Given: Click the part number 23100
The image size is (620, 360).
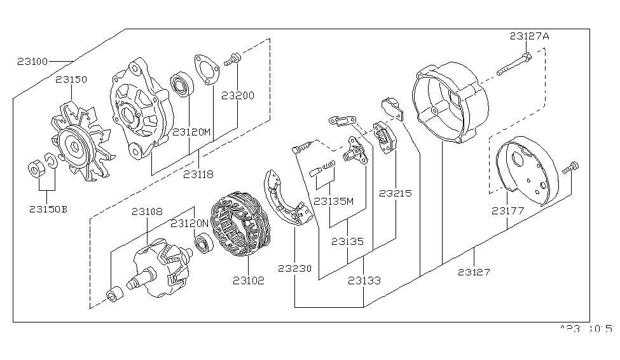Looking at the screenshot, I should point(32,62).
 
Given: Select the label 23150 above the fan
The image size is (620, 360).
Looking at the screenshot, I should point(71,80).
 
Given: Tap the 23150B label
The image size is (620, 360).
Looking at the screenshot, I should point(48,208).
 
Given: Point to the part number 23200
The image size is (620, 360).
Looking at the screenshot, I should point(238,96).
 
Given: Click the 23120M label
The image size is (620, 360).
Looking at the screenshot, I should point(191,132).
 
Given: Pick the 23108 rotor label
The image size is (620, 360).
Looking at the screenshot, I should point(148,211).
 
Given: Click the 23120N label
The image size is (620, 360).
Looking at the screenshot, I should point(189,224).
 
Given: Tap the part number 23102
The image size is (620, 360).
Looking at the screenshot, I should point(249,279).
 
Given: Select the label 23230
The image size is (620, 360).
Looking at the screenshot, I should point(294,268).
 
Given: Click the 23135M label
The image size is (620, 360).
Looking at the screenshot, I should point(333,201).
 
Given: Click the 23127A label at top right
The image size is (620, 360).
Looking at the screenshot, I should point(528,36).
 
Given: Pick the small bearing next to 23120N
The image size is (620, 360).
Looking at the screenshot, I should point(204,244).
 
